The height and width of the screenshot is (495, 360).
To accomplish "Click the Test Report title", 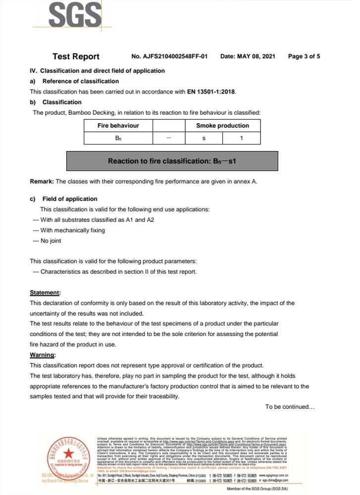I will click(76, 56).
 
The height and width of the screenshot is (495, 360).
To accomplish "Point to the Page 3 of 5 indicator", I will click(304, 56).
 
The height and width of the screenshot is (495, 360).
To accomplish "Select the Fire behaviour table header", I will click(118, 126).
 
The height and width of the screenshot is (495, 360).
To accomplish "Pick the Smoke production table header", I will click(222, 126).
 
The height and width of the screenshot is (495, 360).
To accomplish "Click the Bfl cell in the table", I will click(118, 138).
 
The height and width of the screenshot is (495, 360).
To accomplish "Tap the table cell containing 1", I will click(241, 138).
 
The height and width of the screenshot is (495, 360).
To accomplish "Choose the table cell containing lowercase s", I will click(204, 138).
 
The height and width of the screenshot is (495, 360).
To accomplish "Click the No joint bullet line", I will click(47, 241).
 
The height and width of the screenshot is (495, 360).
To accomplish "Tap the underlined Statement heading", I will click(45, 293).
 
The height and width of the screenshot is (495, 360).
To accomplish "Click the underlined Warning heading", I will click(43, 355).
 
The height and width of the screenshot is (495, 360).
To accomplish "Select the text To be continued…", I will click(290, 407).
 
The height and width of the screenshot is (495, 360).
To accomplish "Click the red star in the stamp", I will click(67, 452).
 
